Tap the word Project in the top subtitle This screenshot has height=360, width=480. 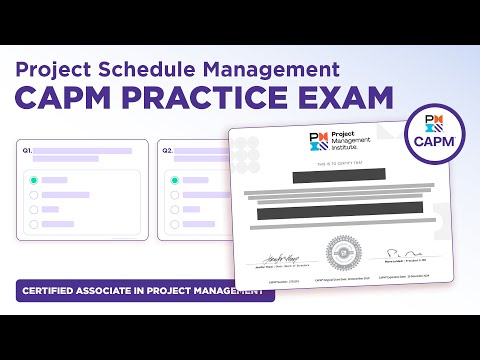59,70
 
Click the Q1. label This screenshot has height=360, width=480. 27,151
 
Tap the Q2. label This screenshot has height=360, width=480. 167,151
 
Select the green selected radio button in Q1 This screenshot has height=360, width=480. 34,181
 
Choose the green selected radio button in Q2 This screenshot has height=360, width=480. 174,181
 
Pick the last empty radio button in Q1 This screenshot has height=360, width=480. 34,225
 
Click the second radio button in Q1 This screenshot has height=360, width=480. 34,196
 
